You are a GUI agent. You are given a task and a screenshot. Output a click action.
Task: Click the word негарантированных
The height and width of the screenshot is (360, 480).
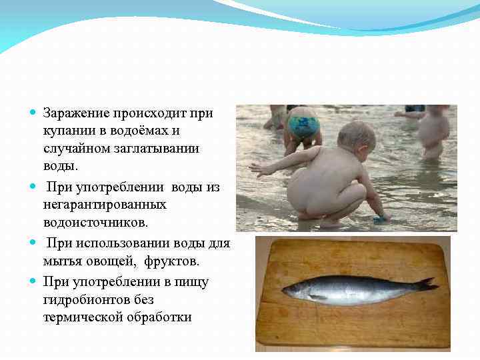coord(105,204)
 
